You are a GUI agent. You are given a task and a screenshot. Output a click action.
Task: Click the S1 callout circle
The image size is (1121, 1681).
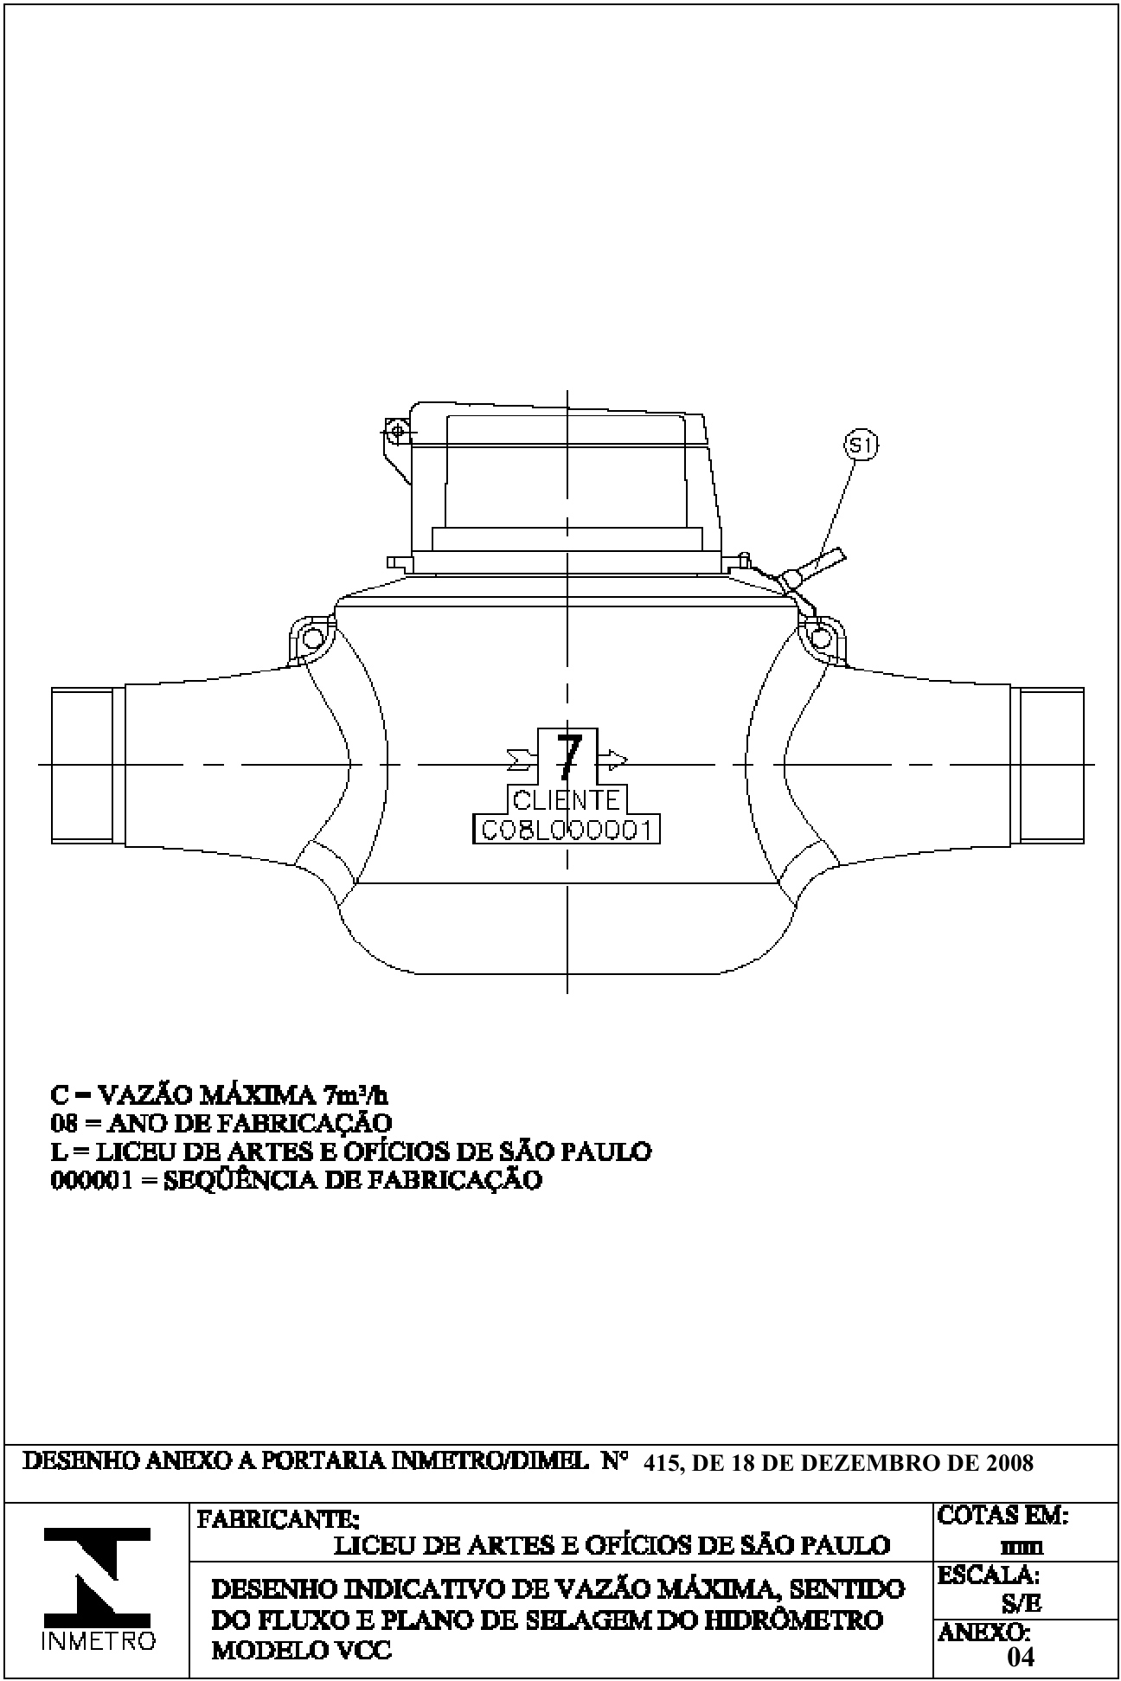pyautogui.click(x=861, y=446)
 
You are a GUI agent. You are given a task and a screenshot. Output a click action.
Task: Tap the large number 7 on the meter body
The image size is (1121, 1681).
pyautogui.click(x=568, y=757)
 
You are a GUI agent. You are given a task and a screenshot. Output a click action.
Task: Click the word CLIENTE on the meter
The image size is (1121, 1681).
pyautogui.click(x=567, y=799)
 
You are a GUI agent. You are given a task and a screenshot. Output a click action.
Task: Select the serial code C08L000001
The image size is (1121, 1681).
pyautogui.click(x=567, y=830)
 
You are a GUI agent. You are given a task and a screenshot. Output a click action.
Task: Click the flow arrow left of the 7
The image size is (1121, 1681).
pyautogui.click(x=522, y=760)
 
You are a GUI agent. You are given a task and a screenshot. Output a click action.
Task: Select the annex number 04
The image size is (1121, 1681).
pyautogui.click(x=1020, y=1656)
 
